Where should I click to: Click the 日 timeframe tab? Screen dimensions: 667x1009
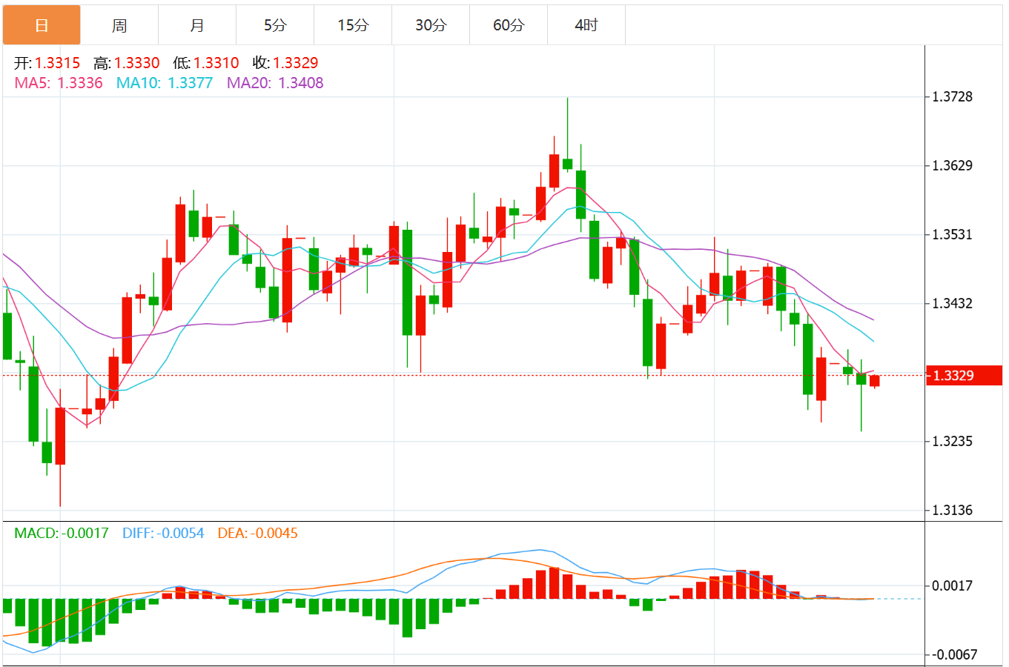42,25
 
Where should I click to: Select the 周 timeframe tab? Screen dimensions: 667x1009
119,25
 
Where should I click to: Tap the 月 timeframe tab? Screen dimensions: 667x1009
197,25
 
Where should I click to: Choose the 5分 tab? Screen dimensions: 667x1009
275,25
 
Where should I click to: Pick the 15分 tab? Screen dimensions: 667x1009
353,25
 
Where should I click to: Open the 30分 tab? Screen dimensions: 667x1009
431,25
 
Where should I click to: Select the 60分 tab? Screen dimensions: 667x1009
509,25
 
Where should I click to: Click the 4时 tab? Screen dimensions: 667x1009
586,25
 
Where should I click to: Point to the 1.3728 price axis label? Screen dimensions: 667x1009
952,96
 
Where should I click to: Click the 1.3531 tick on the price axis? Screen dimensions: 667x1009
952,234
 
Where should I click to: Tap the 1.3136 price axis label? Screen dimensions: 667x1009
952,510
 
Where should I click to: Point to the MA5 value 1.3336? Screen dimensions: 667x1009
80,83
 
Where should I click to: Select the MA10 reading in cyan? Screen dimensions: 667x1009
190,83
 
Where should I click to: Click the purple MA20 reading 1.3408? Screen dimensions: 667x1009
300,83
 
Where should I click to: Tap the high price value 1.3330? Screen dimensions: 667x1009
136,63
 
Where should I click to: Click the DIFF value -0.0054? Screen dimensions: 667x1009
180,533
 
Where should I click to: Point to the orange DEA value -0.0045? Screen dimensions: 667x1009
274,533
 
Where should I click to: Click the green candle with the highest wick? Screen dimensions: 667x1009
567,164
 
